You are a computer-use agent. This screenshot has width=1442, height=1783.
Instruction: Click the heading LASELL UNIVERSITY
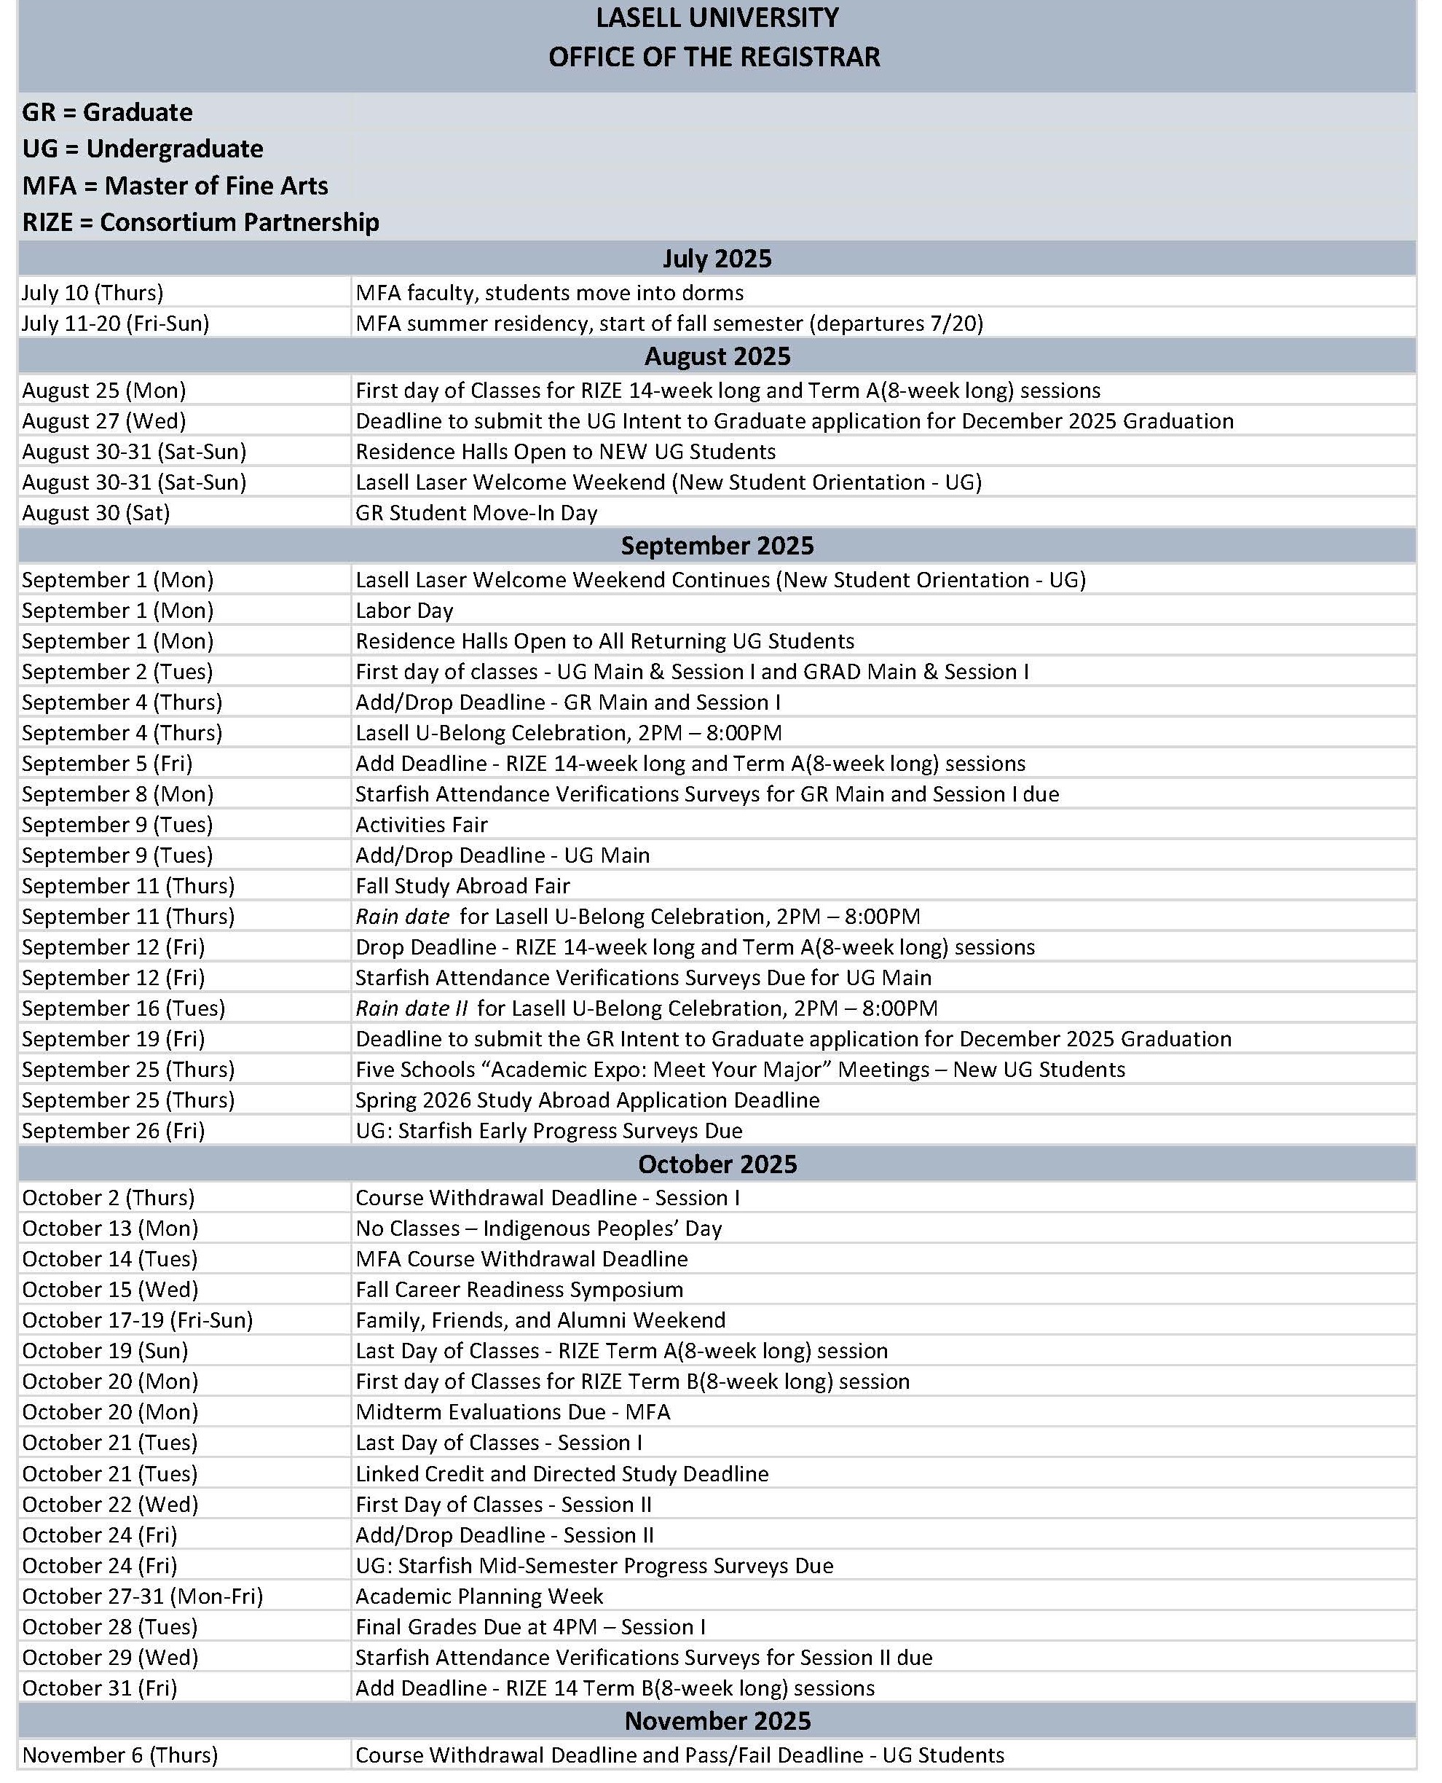[717, 18]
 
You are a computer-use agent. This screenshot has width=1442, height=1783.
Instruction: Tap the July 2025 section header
[717, 259]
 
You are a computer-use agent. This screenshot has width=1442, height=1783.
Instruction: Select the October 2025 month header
[717, 1164]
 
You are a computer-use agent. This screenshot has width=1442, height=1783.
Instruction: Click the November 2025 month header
[717, 1720]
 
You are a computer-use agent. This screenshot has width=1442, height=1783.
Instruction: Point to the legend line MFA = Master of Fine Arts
[176, 185]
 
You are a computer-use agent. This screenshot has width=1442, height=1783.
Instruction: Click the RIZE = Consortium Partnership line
[200, 222]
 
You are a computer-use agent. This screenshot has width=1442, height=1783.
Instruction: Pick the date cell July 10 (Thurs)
[92, 292]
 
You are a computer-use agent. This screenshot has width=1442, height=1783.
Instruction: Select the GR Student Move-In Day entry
[476, 513]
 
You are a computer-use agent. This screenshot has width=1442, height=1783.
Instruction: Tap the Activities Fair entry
[421, 824]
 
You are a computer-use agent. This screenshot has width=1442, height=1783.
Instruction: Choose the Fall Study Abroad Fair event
[462, 886]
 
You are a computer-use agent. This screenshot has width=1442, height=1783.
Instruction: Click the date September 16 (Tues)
[124, 1008]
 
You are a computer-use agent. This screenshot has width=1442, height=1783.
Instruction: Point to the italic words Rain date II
[412, 1008]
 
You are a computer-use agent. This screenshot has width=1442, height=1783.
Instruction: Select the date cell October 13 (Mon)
[111, 1228]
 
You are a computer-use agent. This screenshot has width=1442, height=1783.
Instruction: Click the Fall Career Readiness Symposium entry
[519, 1290]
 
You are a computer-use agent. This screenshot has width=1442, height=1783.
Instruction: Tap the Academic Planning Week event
[479, 1596]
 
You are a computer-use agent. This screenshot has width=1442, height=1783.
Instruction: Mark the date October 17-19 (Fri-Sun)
[137, 1320]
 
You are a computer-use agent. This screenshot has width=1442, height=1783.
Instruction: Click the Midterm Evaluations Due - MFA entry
[513, 1411]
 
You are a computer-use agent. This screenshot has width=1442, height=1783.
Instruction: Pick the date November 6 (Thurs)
[120, 1755]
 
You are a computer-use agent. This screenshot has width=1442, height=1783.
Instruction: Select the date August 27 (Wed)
[104, 421]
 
